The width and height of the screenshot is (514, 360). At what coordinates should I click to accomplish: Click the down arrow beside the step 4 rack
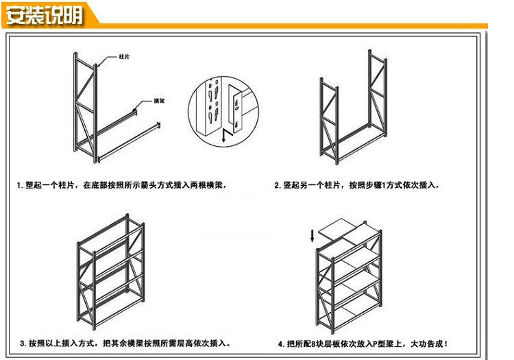313,237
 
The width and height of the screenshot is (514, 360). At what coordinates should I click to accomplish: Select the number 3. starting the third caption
23,343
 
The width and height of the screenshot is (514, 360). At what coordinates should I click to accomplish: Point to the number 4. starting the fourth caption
281,344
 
